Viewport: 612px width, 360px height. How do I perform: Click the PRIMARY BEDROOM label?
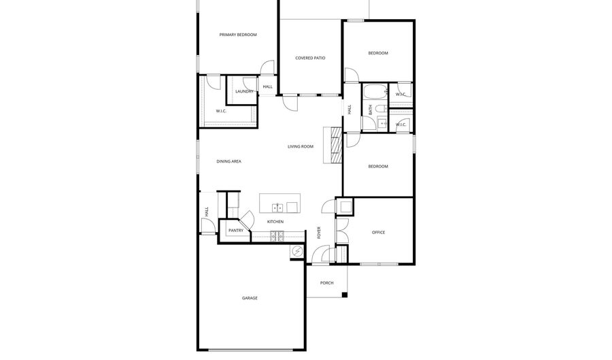pos(237,35)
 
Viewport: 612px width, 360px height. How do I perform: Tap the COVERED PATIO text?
pos(310,58)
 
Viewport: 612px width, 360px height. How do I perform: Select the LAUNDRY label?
pos(244,91)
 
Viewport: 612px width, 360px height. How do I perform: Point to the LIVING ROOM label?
pos(300,146)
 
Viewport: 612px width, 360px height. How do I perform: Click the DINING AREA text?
pos(228,161)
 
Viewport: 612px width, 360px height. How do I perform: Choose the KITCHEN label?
pos(275,222)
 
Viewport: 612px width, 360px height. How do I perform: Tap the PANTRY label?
pos(235,231)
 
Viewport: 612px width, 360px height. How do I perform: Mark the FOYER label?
pos(320,233)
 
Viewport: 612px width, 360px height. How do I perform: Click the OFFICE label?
pos(378,233)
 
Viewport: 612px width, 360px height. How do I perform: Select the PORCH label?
pos(326,282)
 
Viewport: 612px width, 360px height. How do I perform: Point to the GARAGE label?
pos(250,298)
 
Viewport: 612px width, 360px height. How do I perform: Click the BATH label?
pos(370,108)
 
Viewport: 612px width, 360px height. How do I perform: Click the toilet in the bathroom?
pos(381,108)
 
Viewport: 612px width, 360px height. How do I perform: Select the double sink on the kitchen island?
pos(278,208)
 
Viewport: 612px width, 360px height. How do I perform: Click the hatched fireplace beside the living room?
pos(334,144)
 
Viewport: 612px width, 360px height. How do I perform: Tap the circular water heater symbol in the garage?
pos(296,252)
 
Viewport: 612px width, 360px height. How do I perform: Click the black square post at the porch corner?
pos(345,295)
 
